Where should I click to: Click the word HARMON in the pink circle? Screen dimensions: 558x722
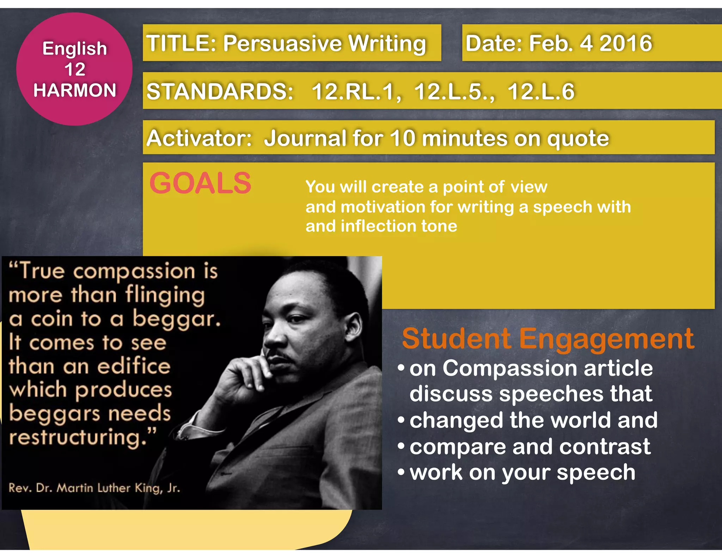(x=75, y=90)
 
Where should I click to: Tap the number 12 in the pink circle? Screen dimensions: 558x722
(x=75, y=69)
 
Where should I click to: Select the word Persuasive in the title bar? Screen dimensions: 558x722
(x=282, y=43)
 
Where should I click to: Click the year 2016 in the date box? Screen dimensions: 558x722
(x=626, y=43)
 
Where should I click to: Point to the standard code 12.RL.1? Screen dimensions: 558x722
(x=356, y=92)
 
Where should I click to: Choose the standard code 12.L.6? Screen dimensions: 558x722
(x=541, y=92)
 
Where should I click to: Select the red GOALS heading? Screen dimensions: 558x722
(x=200, y=183)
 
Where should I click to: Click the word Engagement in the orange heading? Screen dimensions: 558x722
(x=606, y=339)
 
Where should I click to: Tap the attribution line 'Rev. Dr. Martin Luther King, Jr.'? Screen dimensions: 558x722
(x=94, y=488)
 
